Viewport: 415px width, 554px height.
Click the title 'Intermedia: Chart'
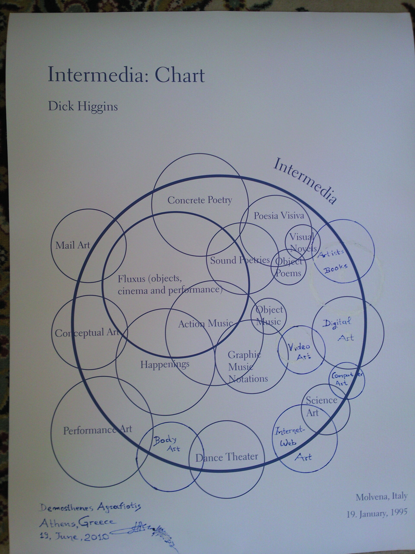(126, 74)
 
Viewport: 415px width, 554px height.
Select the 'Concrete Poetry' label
(200, 200)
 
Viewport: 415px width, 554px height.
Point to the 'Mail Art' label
(73, 245)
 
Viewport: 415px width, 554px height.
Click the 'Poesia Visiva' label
(279, 215)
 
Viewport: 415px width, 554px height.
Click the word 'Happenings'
(165, 364)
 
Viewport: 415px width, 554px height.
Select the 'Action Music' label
(205, 324)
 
